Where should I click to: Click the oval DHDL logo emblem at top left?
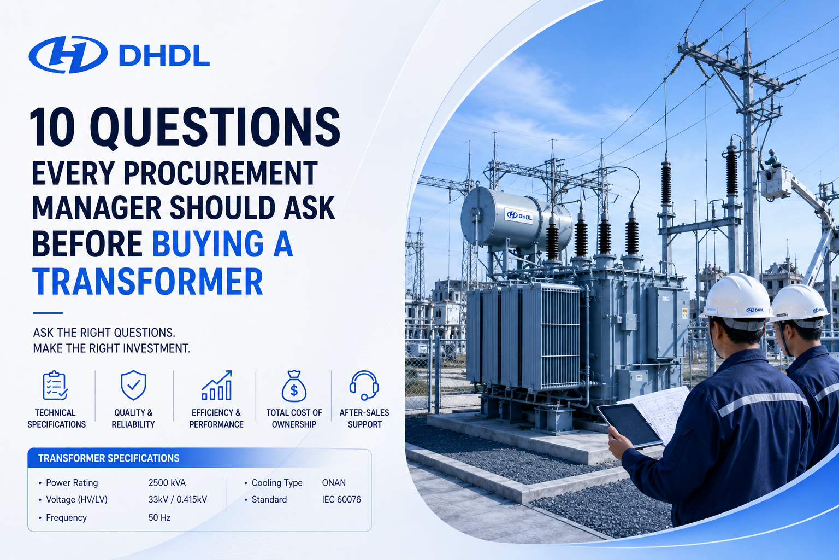pyautogui.click(x=68, y=55)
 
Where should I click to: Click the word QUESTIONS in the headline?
pyautogui.click(x=215, y=127)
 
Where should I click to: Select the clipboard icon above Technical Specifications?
pyautogui.click(x=55, y=385)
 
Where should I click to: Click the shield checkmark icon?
pyautogui.click(x=133, y=385)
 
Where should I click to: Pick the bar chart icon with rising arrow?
pyautogui.click(x=217, y=385)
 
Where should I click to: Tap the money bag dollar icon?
pyautogui.click(x=294, y=386)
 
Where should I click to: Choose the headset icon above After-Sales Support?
pyautogui.click(x=364, y=385)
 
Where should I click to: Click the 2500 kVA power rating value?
pyautogui.click(x=167, y=483)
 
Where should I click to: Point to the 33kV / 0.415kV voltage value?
pyautogui.click(x=178, y=500)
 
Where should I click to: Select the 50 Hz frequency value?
pyautogui.click(x=159, y=517)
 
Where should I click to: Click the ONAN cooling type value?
pyautogui.click(x=334, y=483)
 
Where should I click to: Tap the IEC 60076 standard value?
pyautogui.click(x=341, y=500)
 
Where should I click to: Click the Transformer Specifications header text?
pyautogui.click(x=109, y=458)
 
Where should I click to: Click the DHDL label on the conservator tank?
pyautogui.click(x=519, y=216)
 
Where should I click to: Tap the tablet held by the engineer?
pyautogui.click(x=629, y=425)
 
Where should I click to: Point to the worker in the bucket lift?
pyautogui.click(x=772, y=159)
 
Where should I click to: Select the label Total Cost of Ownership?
pyautogui.click(x=294, y=418)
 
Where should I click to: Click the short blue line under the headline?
pyautogui.click(x=48, y=313)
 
